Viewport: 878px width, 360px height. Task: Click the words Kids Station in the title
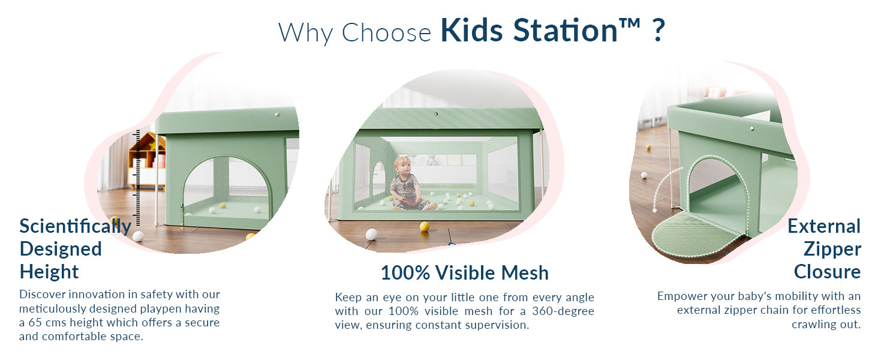coord(529,30)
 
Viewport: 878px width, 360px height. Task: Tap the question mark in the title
coord(659,30)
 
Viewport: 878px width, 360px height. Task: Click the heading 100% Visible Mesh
coord(464,272)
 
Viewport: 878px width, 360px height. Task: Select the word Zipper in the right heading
coord(832,250)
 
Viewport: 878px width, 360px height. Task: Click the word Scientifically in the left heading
coord(75,227)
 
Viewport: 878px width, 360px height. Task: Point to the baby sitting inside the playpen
coord(408,184)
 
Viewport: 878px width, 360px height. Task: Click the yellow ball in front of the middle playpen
coord(424,226)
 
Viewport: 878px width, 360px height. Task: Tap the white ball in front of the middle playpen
coord(371,234)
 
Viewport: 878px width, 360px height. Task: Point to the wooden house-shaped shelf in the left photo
coord(148,161)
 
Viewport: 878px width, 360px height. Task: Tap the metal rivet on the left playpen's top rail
coord(278,115)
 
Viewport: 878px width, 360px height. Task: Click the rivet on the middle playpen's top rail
coord(436,114)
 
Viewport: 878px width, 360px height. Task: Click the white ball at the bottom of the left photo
coord(138,236)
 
